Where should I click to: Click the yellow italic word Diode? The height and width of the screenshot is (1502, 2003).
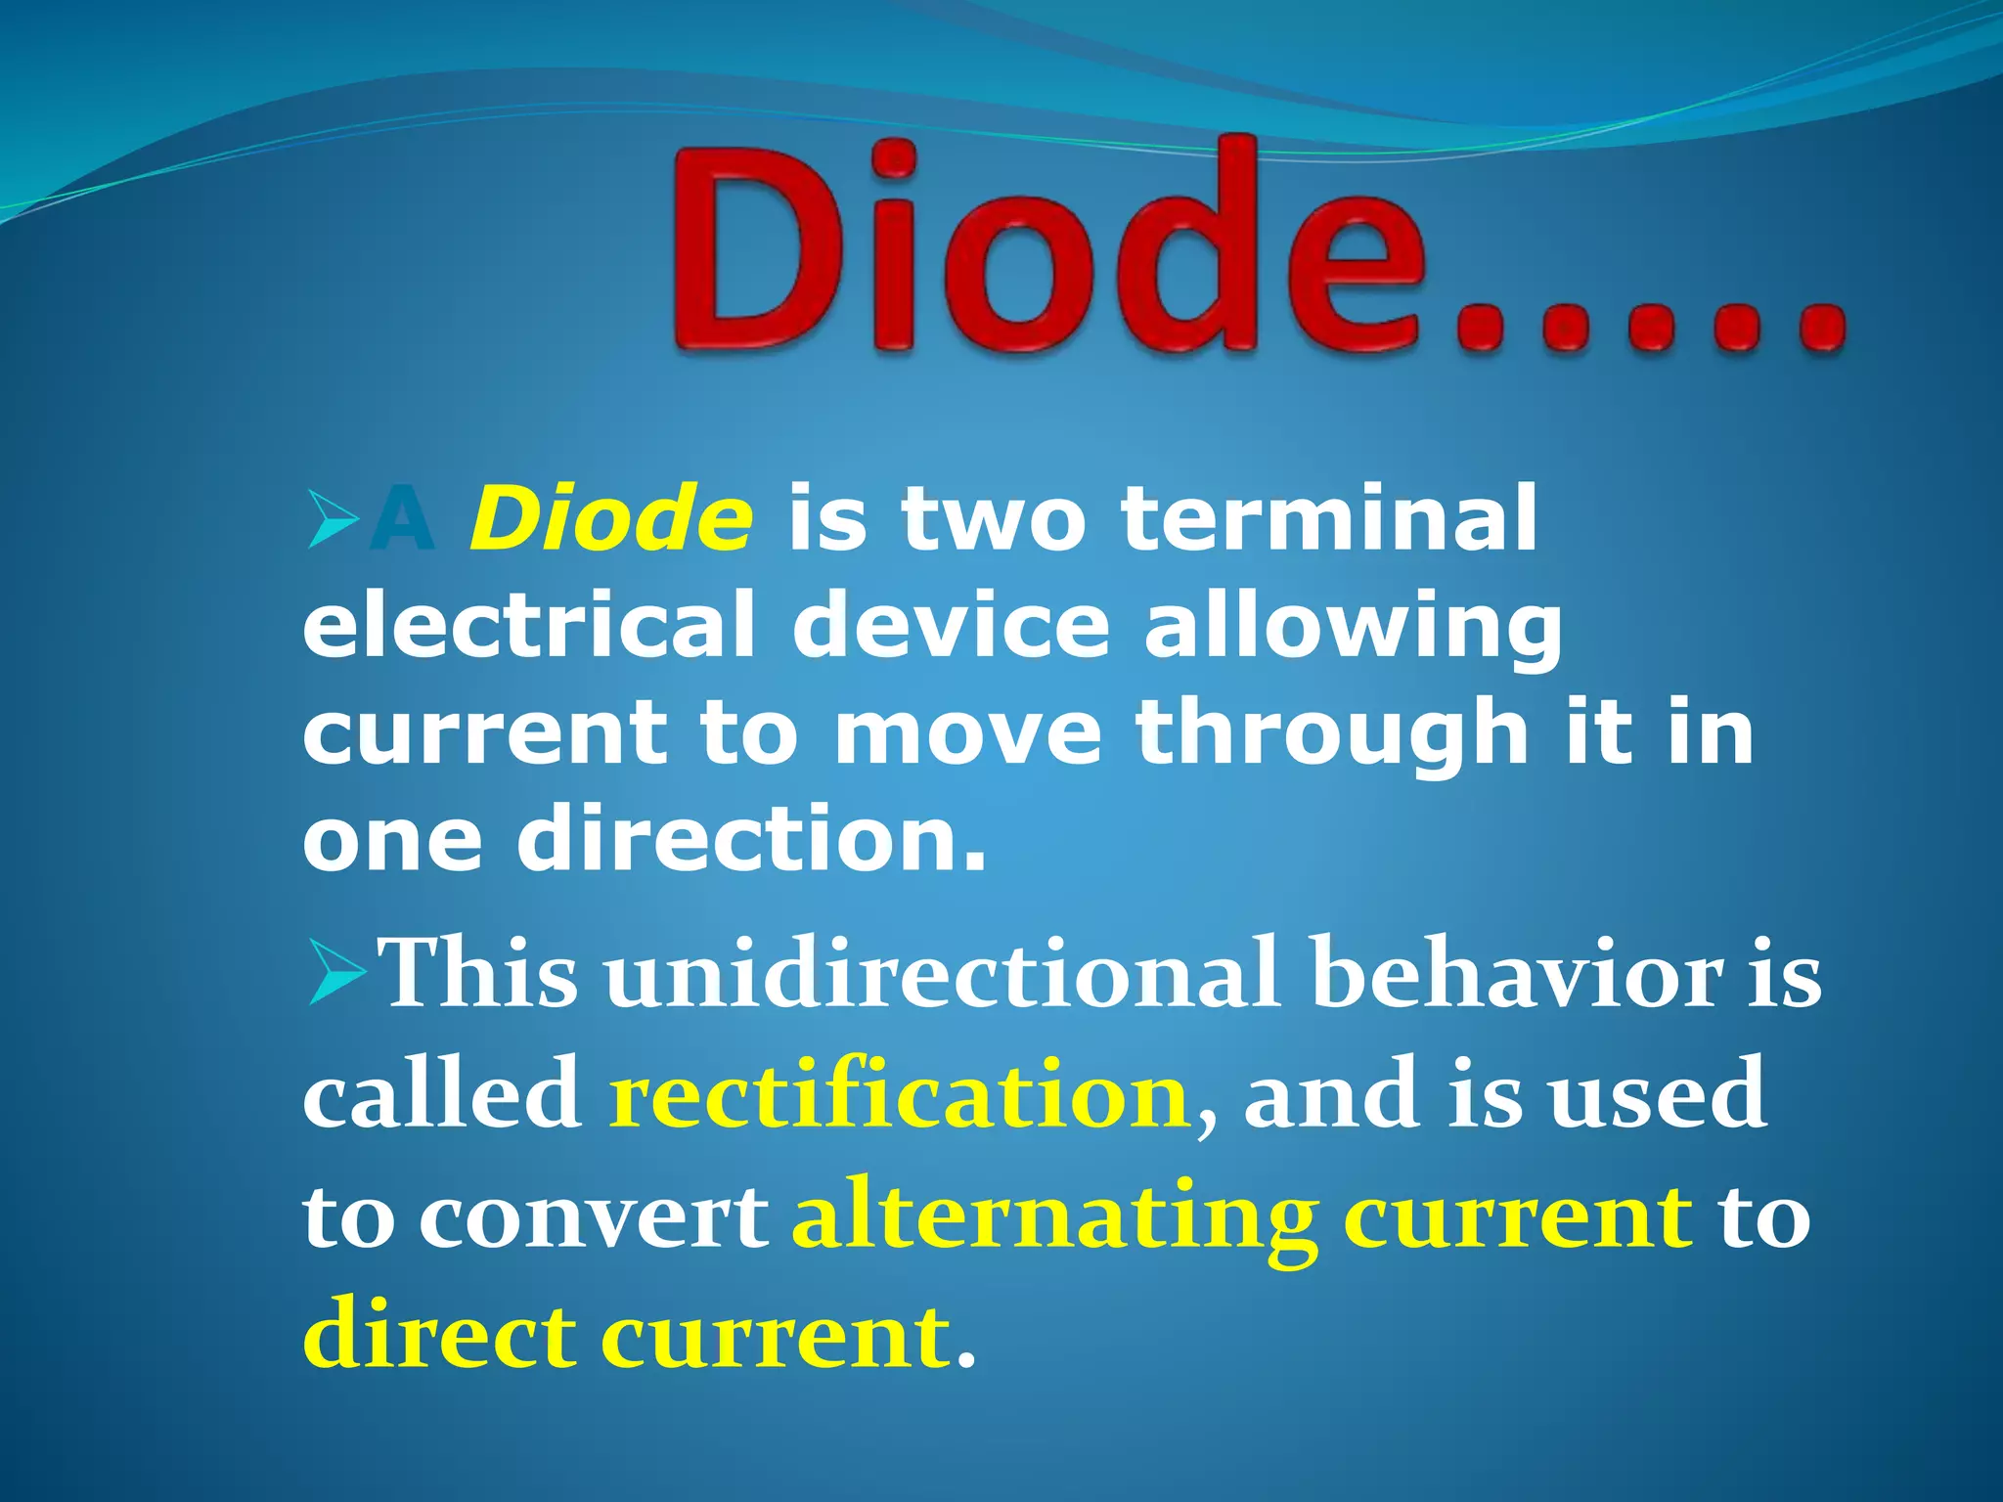(612, 517)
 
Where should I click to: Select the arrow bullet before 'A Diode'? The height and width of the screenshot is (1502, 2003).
(332, 520)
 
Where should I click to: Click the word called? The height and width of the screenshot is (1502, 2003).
(441, 1095)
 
